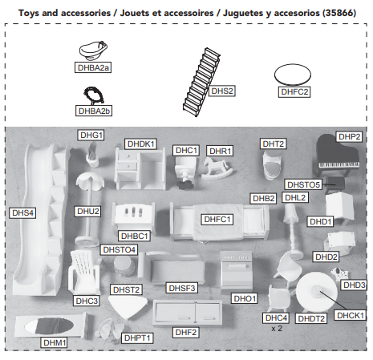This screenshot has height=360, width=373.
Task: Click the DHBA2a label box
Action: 93,67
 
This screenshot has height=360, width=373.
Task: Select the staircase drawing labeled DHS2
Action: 201,83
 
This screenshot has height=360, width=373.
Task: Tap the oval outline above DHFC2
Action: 293,75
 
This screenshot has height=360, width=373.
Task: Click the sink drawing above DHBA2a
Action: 93,51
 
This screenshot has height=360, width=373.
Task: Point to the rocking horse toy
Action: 216,168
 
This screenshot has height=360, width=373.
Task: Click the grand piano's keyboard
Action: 339,165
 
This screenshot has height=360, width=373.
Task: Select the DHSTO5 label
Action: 303,184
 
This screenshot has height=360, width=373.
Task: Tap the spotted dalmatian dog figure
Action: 339,273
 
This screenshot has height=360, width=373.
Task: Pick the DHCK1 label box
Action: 350,315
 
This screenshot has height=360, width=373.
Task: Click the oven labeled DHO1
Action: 236,270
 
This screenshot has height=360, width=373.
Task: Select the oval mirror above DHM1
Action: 49,326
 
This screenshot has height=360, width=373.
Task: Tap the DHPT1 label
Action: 137,338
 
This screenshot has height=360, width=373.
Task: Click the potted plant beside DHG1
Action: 92,155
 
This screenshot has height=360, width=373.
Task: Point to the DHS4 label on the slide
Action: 22,212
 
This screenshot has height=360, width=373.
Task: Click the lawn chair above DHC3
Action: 84,272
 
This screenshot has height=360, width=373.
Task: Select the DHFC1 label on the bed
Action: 217,219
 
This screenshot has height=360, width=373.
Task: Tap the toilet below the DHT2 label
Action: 272,165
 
